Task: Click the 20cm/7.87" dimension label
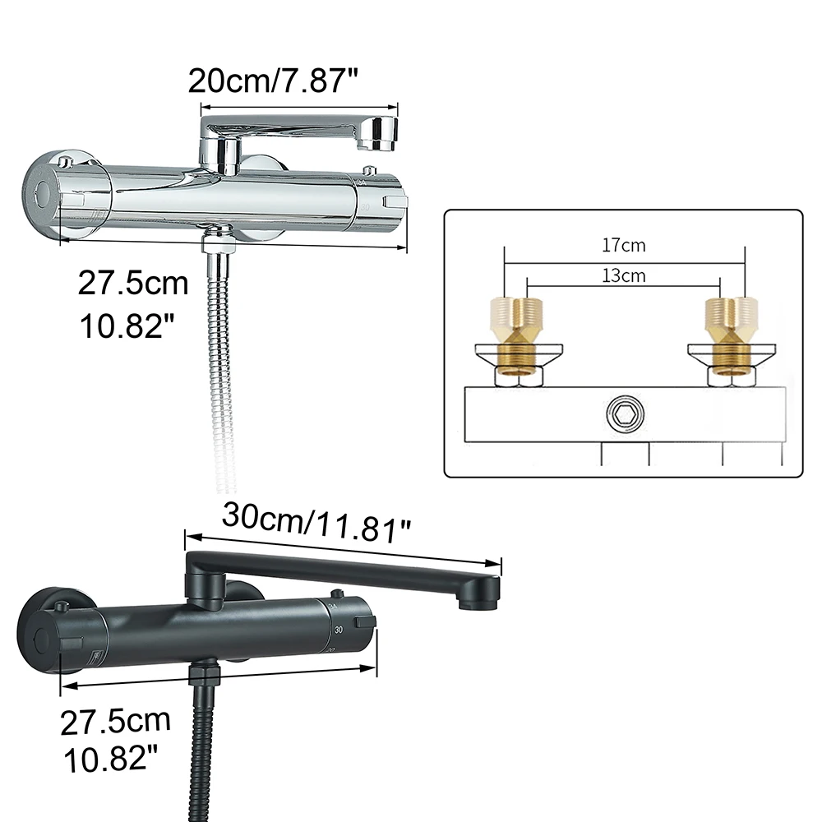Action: click(273, 81)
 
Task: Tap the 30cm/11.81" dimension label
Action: click(316, 522)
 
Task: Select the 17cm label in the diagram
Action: click(623, 245)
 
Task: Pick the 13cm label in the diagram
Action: click(623, 275)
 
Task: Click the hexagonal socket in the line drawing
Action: click(625, 413)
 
